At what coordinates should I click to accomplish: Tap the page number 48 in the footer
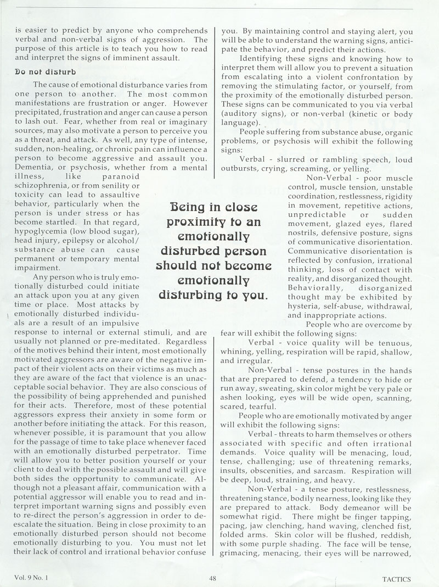[214, 578]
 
